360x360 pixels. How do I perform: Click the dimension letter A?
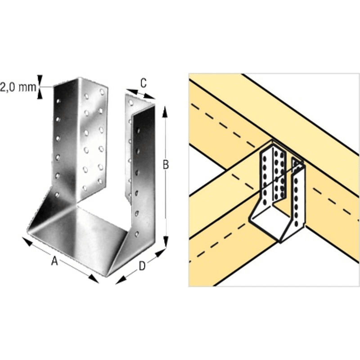click(54, 261)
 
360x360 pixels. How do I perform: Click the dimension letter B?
click(166, 165)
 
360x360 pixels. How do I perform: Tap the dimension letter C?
click(144, 83)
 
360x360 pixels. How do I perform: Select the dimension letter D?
click(142, 266)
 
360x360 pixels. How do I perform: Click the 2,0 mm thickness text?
click(18, 87)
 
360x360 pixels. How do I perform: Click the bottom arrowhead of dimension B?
click(166, 242)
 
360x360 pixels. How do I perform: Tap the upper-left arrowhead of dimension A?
click(27, 242)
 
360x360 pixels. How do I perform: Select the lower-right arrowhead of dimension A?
click(94, 279)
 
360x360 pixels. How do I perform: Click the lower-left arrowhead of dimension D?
click(121, 280)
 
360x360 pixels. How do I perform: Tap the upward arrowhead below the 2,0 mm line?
click(40, 94)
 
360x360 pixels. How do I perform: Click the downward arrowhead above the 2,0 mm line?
click(40, 81)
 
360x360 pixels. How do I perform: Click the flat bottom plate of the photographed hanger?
click(78, 239)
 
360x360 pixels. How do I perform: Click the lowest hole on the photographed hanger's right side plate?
click(137, 234)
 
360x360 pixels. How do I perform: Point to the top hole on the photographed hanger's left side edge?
click(58, 101)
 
